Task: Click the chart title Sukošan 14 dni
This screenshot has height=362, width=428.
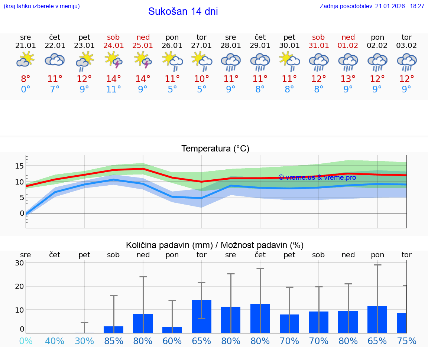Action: (x=183, y=12)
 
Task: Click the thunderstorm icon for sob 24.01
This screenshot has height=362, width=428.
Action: (x=114, y=60)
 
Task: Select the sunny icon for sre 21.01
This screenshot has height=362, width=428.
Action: (x=25, y=59)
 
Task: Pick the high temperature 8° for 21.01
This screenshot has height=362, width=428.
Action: (x=25, y=79)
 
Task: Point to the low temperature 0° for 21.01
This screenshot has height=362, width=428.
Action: (x=25, y=89)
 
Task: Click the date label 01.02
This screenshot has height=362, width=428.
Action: (x=348, y=46)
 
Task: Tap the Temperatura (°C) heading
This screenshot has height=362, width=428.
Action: (x=215, y=149)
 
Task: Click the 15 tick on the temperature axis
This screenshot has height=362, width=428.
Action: (x=19, y=166)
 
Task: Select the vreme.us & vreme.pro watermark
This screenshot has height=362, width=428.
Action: (x=317, y=177)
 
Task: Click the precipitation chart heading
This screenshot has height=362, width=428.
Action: (x=215, y=245)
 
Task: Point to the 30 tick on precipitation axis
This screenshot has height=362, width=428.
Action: (x=19, y=263)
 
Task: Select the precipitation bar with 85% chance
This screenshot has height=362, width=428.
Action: (x=114, y=330)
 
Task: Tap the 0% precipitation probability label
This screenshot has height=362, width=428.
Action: (x=25, y=341)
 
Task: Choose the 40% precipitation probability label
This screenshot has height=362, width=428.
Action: (x=55, y=341)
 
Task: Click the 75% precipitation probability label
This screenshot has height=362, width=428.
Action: (x=406, y=341)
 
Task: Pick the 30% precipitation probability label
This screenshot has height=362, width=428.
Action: (x=84, y=341)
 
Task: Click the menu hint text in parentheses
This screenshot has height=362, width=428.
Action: (x=41, y=6)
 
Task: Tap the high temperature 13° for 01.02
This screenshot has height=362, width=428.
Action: (x=348, y=79)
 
